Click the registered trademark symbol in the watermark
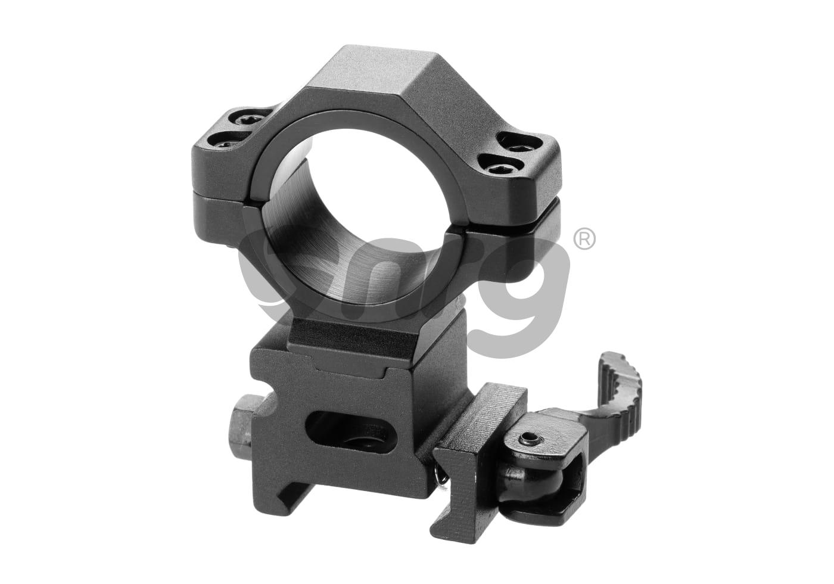coord(584,240)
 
